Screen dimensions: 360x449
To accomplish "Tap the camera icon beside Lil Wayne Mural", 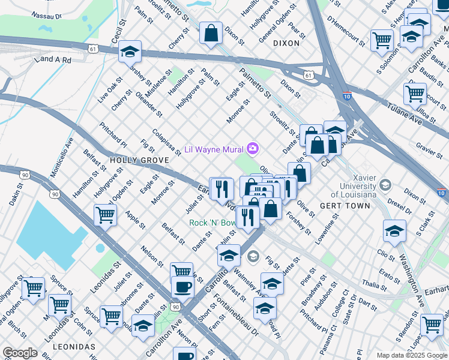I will point(253,148).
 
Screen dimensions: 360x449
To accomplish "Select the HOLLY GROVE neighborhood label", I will point(131,161).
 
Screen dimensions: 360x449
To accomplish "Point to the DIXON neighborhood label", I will point(286,43).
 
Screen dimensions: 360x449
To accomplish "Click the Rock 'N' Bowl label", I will point(213,223).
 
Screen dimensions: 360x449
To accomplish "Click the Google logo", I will point(20,352).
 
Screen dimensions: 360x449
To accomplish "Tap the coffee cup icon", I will point(182,286).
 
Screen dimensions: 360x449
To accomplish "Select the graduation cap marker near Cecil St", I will point(130,52).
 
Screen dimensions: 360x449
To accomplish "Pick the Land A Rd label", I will point(53,60).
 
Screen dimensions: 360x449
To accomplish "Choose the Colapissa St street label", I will point(166,142).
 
